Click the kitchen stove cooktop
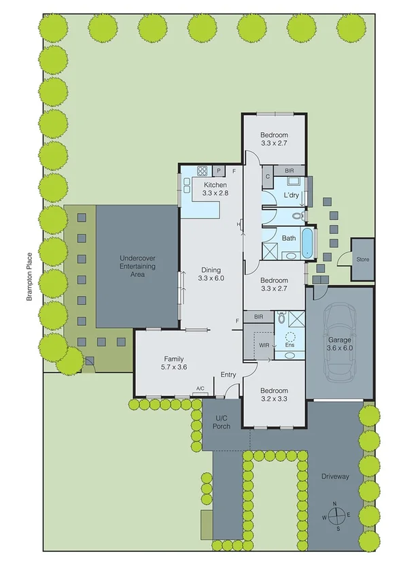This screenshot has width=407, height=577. pyautogui.click(x=201, y=171)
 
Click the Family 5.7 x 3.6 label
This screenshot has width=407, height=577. pyautogui.click(x=175, y=363)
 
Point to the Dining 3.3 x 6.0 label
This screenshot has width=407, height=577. pyautogui.click(x=211, y=274)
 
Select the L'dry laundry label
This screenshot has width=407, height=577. pyautogui.click(x=291, y=196)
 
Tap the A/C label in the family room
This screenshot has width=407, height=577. pyautogui.click(x=200, y=389)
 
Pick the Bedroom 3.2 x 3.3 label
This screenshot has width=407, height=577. pyautogui.click(x=275, y=395)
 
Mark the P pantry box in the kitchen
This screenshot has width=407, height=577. pyautogui.click(x=219, y=171)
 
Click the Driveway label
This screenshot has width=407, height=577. pyautogui.click(x=335, y=476)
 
